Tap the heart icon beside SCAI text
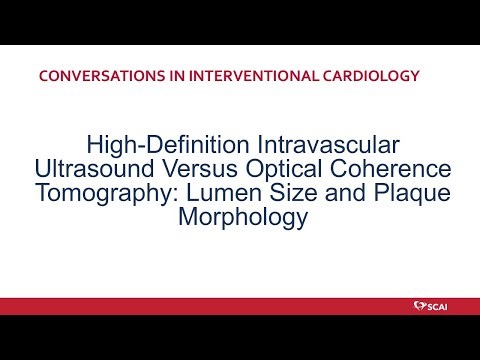click(x=418, y=304)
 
